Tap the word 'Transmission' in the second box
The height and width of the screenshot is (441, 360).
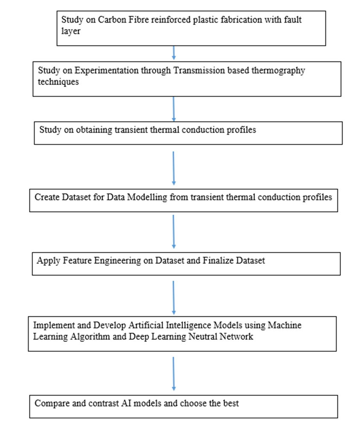pos(196,70)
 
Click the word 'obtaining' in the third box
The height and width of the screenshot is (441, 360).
pos(95,130)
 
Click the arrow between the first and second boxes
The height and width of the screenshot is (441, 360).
pos(174,53)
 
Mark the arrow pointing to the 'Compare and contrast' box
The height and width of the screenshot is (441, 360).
pos(173,374)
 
